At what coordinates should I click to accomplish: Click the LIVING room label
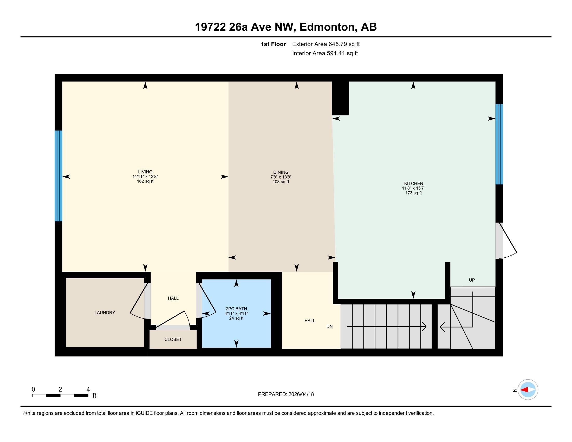(x=145, y=172)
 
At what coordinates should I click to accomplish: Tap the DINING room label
(x=281, y=172)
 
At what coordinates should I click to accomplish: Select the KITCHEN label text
(x=413, y=184)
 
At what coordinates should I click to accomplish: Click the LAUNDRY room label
(x=105, y=312)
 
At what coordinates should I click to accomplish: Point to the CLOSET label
(x=173, y=339)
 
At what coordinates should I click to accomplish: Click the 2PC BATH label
(x=236, y=309)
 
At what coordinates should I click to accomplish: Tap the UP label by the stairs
(x=472, y=280)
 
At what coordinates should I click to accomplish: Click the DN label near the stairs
(x=329, y=327)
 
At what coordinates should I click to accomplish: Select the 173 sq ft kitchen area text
(x=413, y=193)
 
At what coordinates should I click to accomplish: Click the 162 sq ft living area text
(x=145, y=181)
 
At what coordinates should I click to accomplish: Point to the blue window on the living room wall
(x=58, y=176)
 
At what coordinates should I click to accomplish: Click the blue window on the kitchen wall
(x=499, y=144)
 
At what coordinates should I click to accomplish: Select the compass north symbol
(x=528, y=390)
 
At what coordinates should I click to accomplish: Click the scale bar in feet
(x=60, y=395)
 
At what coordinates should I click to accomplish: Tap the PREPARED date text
(x=286, y=394)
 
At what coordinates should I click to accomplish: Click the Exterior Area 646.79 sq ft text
(x=326, y=44)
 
